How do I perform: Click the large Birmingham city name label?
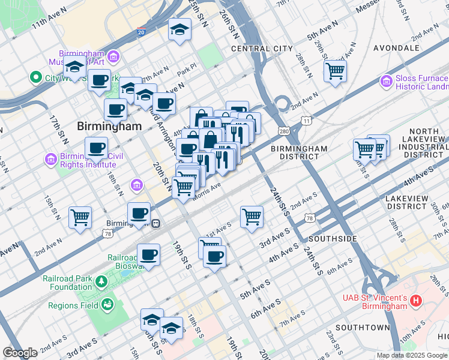(x=109, y=127)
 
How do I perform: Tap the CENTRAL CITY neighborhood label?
(x=262, y=49)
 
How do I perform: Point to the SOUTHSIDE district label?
(x=333, y=239)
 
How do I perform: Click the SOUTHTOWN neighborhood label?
(x=363, y=328)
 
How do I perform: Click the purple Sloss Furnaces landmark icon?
(x=386, y=80)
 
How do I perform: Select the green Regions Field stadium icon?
(x=107, y=306)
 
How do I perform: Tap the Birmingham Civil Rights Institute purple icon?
(x=50, y=159)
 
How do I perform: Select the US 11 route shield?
(x=307, y=121)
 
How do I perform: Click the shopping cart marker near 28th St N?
(x=335, y=71)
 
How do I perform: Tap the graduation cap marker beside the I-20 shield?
(x=179, y=30)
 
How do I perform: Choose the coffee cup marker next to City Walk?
(x=99, y=80)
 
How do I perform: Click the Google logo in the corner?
(x=20, y=353)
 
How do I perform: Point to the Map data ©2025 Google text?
(x=412, y=355)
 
